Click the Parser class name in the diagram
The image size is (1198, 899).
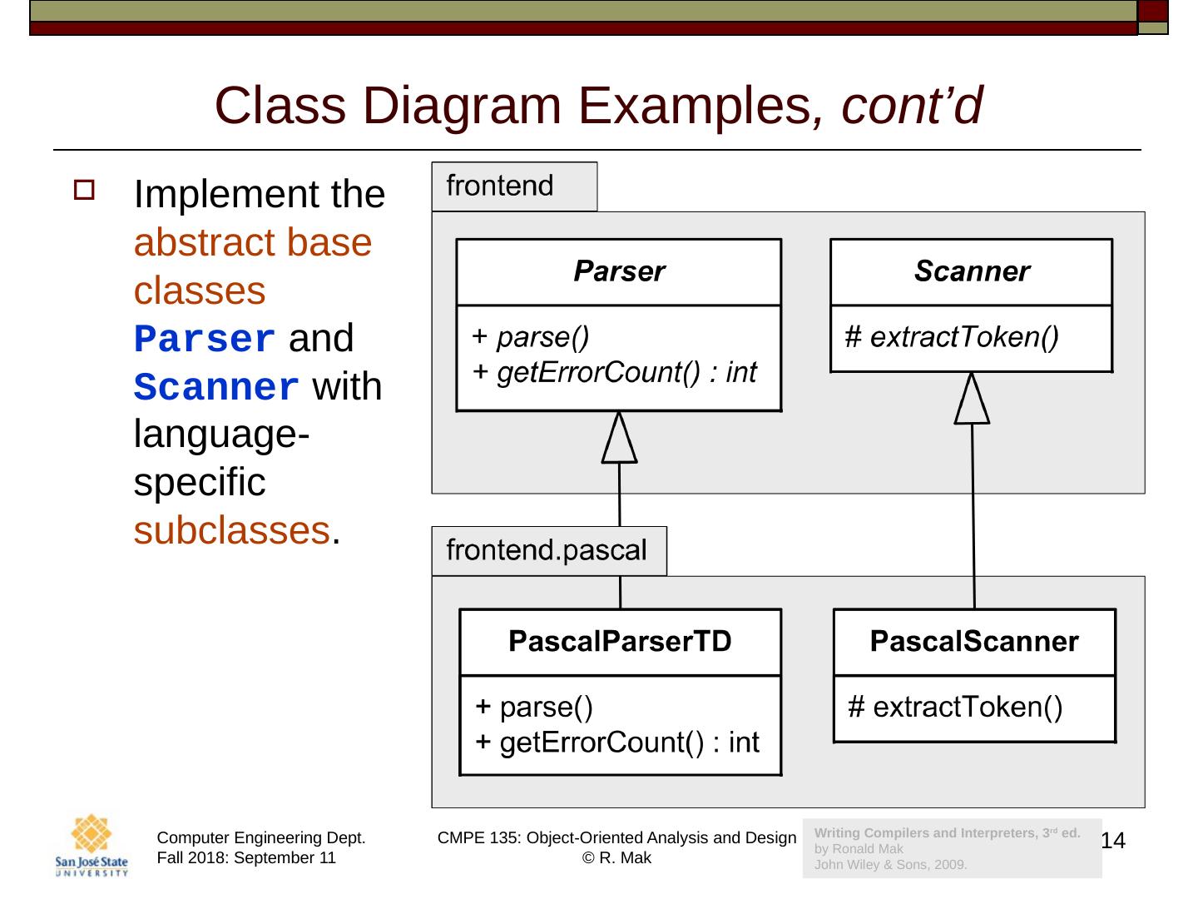point(619,271)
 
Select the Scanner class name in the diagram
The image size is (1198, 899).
point(971,271)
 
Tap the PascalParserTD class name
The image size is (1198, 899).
point(620,641)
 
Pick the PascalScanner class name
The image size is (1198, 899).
point(973,641)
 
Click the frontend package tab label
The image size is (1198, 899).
point(500,186)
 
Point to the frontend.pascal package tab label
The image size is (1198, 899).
point(547,550)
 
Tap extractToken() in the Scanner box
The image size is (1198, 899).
point(963,337)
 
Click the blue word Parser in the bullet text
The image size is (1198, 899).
point(205,340)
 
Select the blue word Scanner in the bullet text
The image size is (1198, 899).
point(216,388)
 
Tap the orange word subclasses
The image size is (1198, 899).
point(231,530)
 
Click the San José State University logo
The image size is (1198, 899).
point(92,846)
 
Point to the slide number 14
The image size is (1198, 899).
point(1113,841)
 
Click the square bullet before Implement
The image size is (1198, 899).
point(85,191)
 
